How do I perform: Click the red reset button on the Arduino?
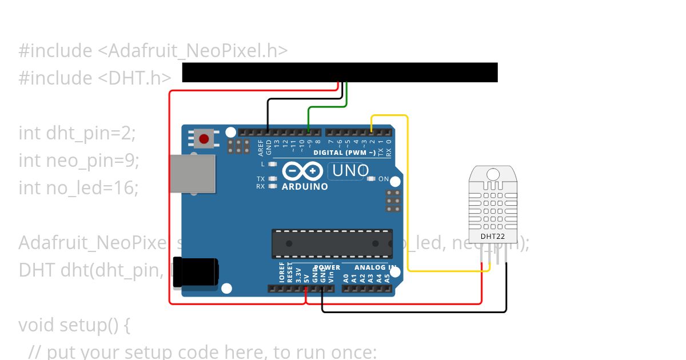coord(204,138)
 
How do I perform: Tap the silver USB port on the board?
coord(193,174)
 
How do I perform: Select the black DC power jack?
coord(196,272)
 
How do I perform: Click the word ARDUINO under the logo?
coord(305,186)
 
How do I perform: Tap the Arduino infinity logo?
coord(303,171)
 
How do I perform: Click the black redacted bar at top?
coord(340,73)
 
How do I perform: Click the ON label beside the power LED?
coord(384,179)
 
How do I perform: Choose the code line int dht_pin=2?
coord(78,133)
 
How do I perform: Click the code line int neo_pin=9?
coord(79,161)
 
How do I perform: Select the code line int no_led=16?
coord(79,187)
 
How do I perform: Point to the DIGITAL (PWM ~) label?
coord(344,153)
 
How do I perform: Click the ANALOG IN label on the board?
coord(375,267)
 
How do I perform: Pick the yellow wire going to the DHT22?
coord(408,194)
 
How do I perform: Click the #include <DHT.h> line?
coord(95,78)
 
